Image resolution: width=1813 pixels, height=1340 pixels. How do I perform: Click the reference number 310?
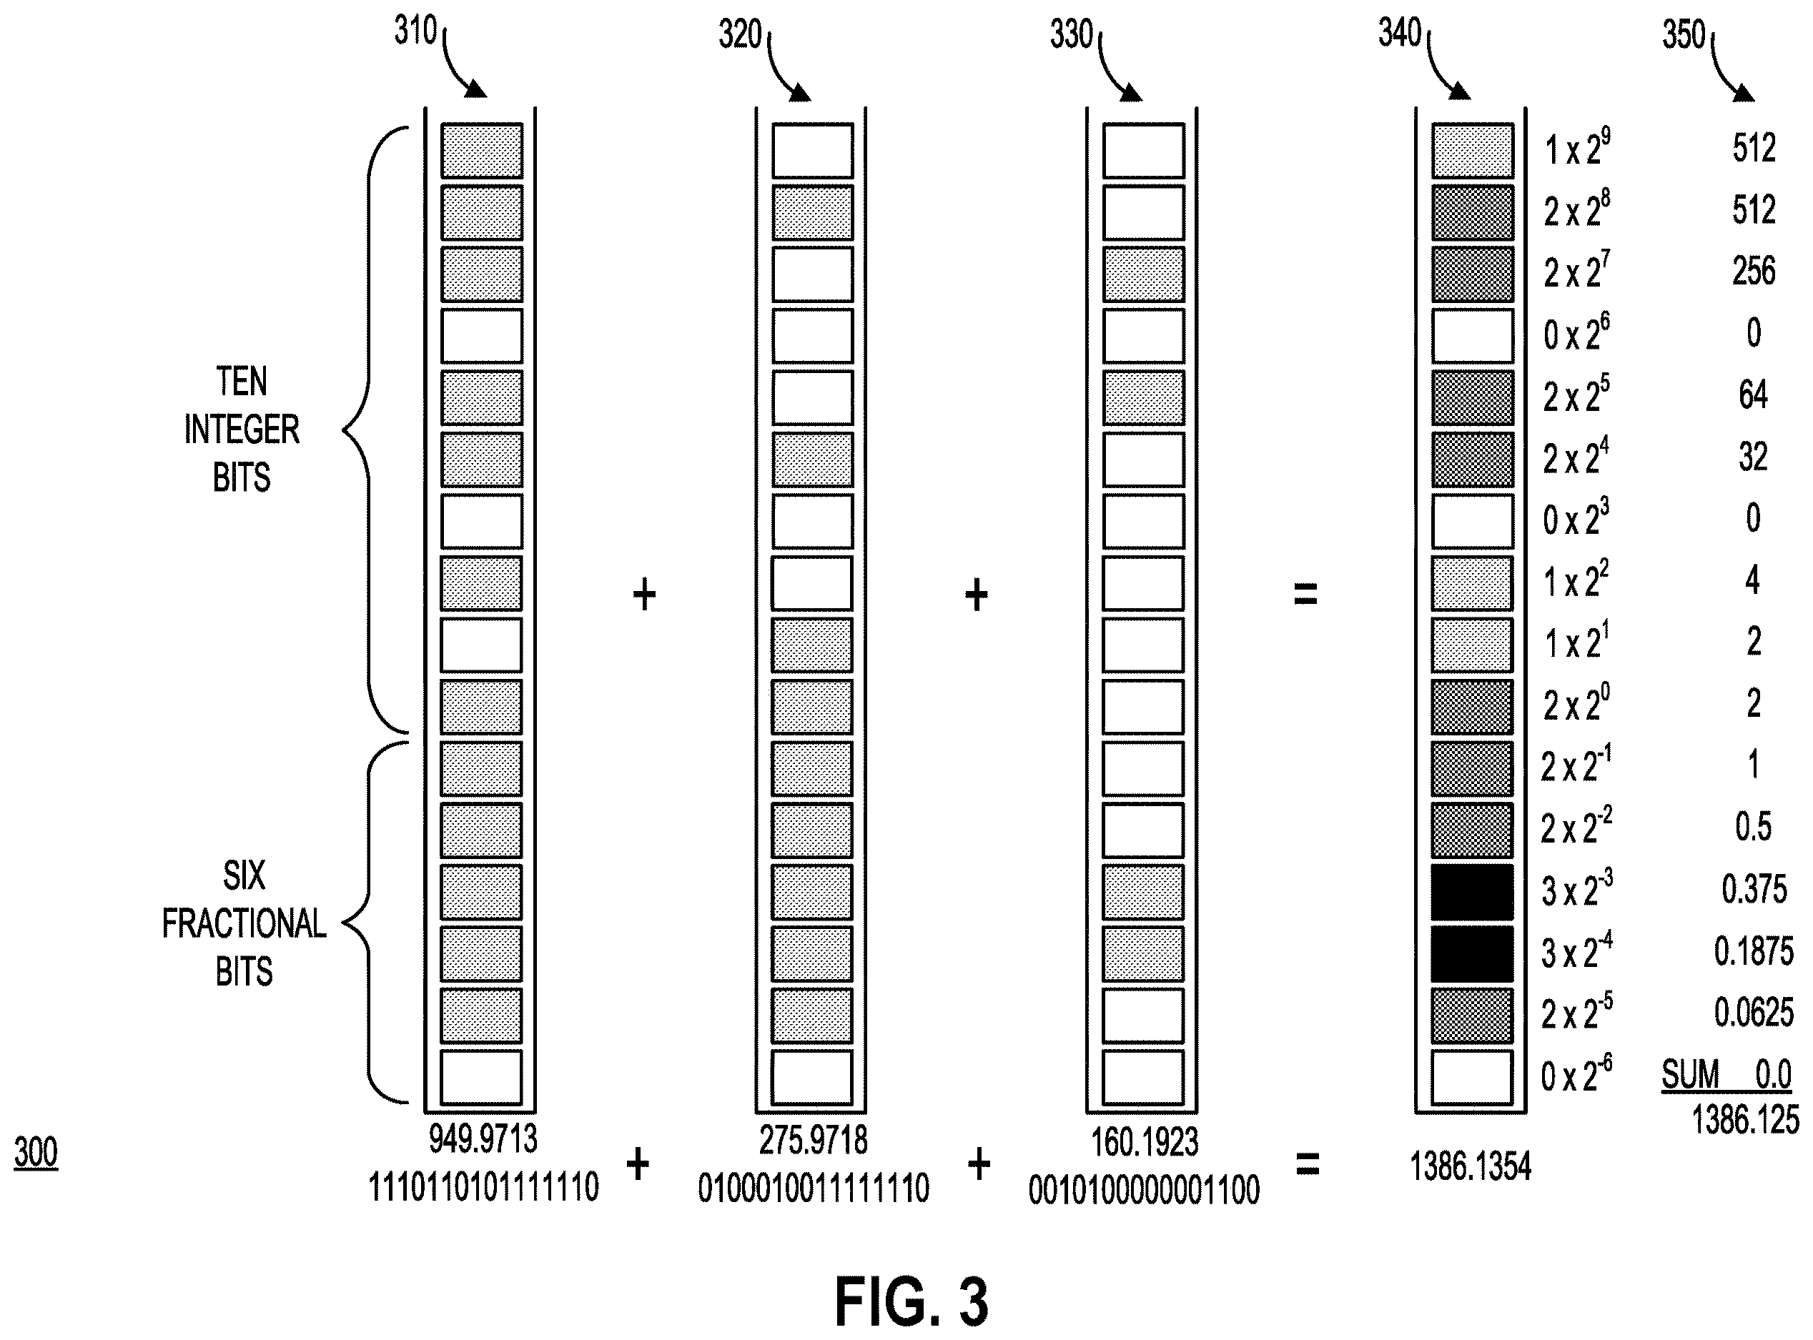tap(415, 31)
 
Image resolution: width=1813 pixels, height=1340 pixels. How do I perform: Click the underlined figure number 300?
tap(36, 1153)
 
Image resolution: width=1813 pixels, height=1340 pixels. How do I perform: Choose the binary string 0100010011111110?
tap(813, 1189)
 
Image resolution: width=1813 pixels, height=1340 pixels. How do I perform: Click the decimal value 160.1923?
tap(1144, 1142)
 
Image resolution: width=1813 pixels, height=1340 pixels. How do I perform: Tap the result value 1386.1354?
tap(1470, 1166)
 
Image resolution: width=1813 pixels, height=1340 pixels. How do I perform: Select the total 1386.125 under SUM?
tap(1745, 1120)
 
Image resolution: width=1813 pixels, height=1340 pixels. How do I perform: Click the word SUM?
tap(1690, 1076)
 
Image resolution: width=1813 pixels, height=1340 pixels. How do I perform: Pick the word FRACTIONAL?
tap(243, 924)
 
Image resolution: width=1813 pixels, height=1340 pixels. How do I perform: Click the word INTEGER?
tap(242, 429)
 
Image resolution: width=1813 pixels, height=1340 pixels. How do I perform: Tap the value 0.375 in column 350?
tap(1754, 889)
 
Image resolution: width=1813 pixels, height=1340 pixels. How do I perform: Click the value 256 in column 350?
tap(1754, 271)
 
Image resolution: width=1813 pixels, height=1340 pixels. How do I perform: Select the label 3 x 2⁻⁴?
tap(1576, 951)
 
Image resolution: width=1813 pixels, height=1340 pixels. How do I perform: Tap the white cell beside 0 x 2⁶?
tap(1472, 336)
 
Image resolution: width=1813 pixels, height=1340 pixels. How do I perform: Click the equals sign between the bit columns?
tap(1305, 596)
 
